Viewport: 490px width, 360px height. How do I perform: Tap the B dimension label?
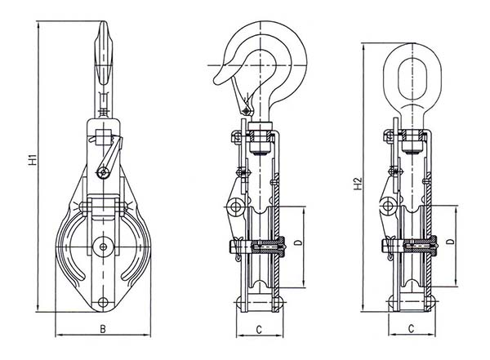point(103,328)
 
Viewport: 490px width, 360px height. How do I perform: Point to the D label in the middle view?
point(298,242)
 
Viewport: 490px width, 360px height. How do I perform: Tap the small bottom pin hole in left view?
point(103,303)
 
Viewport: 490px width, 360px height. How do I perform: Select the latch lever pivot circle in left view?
point(100,171)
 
